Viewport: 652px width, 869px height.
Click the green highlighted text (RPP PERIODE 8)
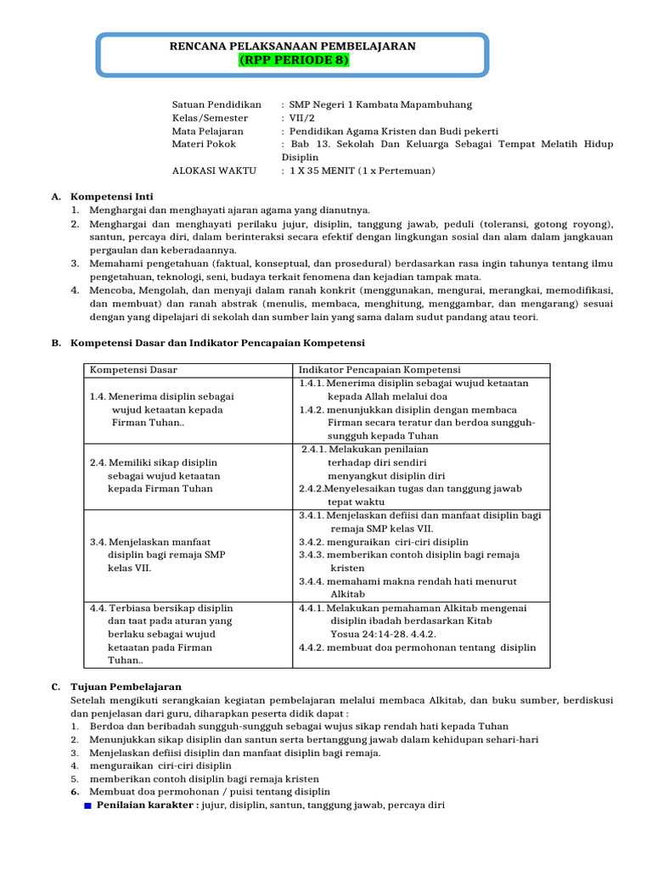(x=293, y=60)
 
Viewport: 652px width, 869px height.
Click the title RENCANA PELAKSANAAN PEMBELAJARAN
(x=293, y=46)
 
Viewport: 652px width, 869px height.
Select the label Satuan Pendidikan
(x=217, y=104)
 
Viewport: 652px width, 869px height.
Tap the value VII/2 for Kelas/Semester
(x=302, y=118)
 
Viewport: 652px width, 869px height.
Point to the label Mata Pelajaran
(x=208, y=132)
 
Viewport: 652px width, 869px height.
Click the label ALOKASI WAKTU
(x=214, y=171)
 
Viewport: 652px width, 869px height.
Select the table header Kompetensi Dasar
(x=133, y=370)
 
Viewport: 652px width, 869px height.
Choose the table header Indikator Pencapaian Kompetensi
(x=379, y=370)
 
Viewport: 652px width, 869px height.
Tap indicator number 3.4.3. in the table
(x=312, y=554)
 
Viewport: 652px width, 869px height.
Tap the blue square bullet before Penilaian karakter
(x=87, y=806)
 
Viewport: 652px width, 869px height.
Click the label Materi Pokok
(x=204, y=144)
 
